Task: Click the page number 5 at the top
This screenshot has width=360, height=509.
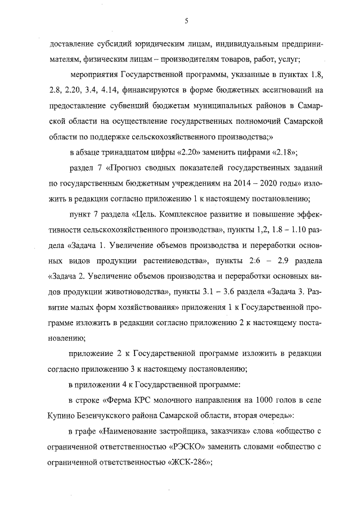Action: click(x=186, y=21)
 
